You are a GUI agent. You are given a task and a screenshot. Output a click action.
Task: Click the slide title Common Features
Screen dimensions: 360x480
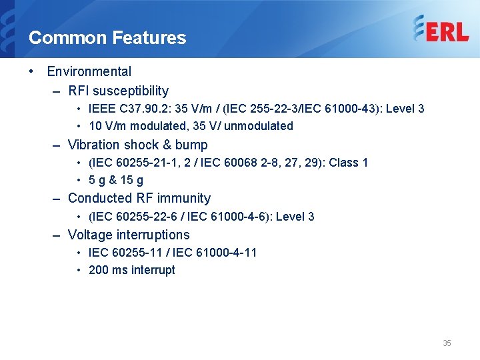[x=107, y=38]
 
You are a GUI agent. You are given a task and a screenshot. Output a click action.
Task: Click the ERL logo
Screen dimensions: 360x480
[x=441, y=30]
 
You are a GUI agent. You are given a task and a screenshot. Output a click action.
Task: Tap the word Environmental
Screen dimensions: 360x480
[x=89, y=71]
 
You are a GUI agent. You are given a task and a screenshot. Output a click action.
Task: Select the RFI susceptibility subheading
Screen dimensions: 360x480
[x=119, y=91]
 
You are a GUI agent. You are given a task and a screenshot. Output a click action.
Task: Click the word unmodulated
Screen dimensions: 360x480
[x=261, y=126]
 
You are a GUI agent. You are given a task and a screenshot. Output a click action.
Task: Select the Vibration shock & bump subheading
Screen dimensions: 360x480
[x=138, y=145]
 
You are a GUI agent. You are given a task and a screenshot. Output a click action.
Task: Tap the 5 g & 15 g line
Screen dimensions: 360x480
[x=116, y=180]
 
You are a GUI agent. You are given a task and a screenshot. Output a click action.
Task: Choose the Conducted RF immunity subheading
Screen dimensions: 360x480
[x=139, y=198]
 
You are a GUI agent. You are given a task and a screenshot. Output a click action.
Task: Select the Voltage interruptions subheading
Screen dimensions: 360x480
[x=129, y=235]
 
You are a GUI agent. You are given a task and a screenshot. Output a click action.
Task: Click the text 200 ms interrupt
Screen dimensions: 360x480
[x=132, y=270]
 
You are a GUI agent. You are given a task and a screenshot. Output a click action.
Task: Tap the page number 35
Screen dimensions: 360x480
[x=447, y=343]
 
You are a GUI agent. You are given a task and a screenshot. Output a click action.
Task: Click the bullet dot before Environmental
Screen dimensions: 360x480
[x=33, y=71]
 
